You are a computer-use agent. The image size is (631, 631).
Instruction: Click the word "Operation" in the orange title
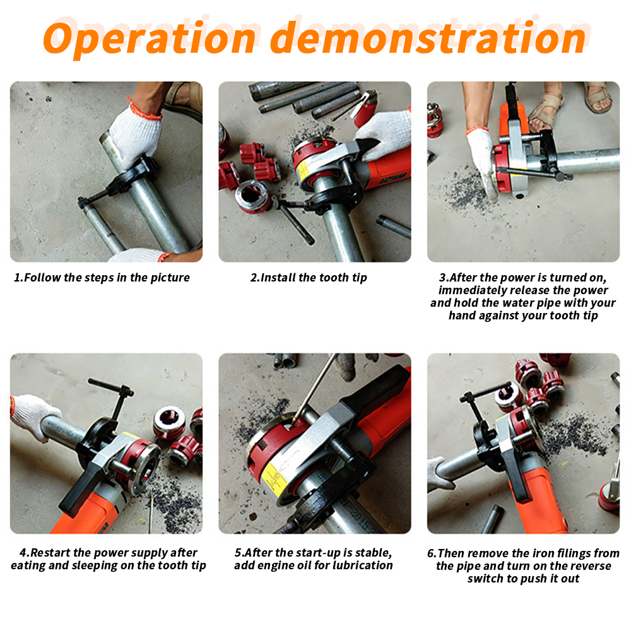coord(150,38)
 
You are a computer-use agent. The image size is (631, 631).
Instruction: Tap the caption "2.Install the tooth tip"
coord(309,278)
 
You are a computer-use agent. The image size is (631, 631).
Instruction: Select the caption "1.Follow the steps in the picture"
coord(102,278)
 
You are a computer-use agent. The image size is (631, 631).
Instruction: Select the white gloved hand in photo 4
coord(34,416)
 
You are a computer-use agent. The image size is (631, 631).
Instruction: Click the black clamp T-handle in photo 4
coord(111,386)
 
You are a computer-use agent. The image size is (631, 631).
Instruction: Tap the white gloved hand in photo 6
coord(439,475)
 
